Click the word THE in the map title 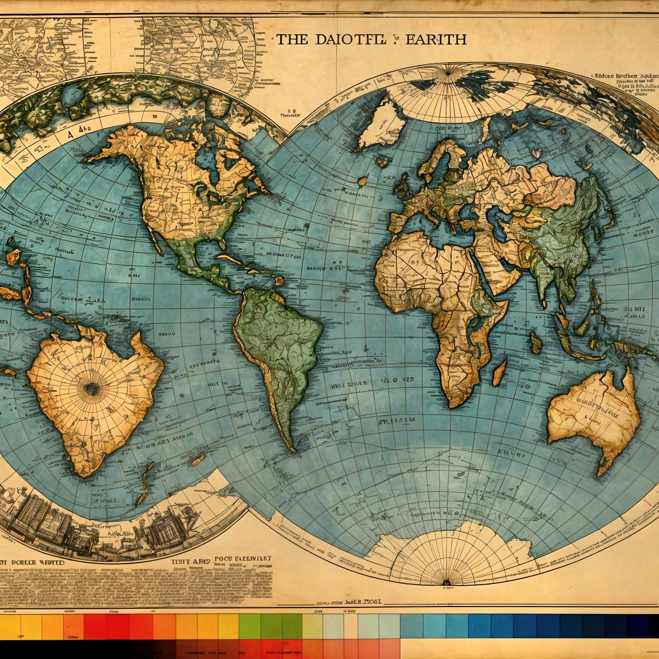[x=291, y=39]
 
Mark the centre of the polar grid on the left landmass [x=91, y=389]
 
